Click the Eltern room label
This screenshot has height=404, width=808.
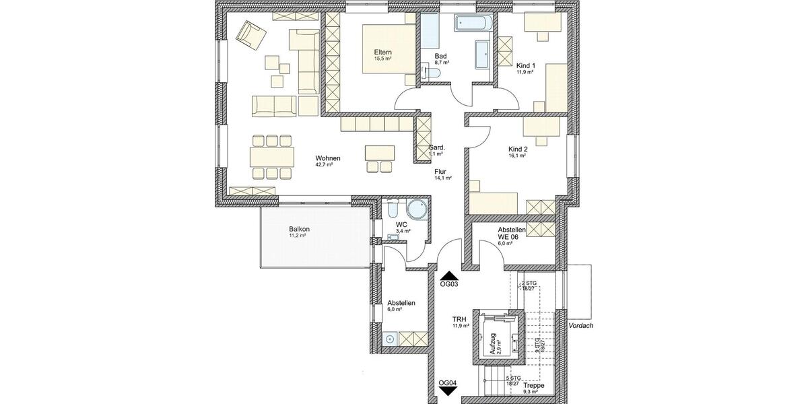(x=383, y=53)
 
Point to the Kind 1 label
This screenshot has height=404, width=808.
(x=526, y=66)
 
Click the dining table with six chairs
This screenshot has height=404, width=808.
(x=272, y=158)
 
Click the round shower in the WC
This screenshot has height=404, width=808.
(x=417, y=210)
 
